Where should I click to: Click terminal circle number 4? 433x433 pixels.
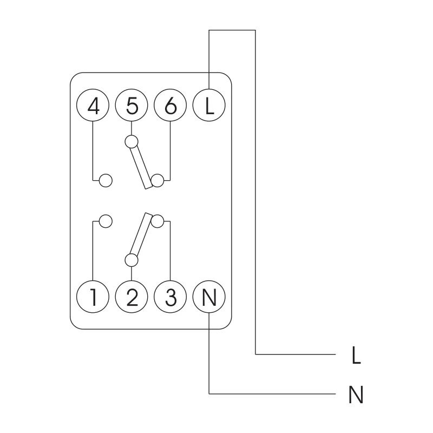pyautogui.click(x=93, y=105)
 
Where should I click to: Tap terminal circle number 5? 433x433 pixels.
pyautogui.click(x=132, y=105)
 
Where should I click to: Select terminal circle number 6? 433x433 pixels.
pyautogui.click(x=170, y=105)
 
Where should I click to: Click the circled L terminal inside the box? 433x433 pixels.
pyautogui.click(x=209, y=105)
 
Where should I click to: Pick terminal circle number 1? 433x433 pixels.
pyautogui.click(x=93, y=297)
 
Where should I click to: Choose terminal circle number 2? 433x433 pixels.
pyautogui.click(x=132, y=297)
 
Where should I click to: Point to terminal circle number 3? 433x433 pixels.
pyautogui.click(x=170, y=297)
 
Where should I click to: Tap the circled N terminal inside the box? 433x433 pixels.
pyautogui.click(x=209, y=297)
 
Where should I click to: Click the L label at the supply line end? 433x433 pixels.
pyautogui.click(x=356, y=355)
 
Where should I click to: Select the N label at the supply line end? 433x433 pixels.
pyautogui.click(x=356, y=395)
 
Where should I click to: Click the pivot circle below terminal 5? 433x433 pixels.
pyautogui.click(x=132, y=142)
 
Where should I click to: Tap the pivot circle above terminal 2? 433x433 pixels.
pyautogui.click(x=132, y=260)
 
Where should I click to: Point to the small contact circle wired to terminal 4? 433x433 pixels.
pyautogui.click(x=106, y=181)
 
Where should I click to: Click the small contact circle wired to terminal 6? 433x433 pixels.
pyautogui.click(x=158, y=181)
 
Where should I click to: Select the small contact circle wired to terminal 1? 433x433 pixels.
pyautogui.click(x=106, y=221)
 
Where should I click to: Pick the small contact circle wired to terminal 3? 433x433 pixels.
pyautogui.click(x=158, y=221)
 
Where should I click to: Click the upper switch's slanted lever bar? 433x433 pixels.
pyautogui.click(x=141, y=167)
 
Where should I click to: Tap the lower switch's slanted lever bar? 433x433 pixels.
pyautogui.click(x=141, y=234)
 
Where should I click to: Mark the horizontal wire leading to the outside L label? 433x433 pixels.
pyautogui.click(x=295, y=354)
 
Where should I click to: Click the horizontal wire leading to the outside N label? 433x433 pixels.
pyautogui.click(x=272, y=393)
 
